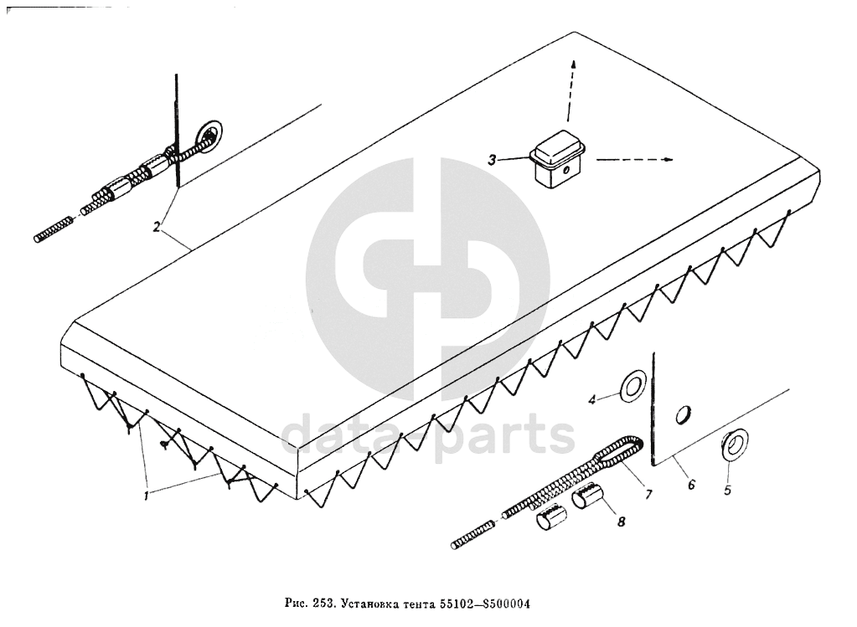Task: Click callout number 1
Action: pos(146,495)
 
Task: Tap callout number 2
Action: pos(157,226)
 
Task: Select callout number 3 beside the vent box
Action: pos(493,159)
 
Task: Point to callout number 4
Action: pos(591,399)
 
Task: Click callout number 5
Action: pos(727,491)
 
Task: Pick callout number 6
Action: pos(690,485)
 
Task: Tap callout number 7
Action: pos(648,494)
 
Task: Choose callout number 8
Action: pos(621,522)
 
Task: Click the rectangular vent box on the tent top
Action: pos(556,162)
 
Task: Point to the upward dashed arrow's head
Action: pos(574,64)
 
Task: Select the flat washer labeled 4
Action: pos(632,386)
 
